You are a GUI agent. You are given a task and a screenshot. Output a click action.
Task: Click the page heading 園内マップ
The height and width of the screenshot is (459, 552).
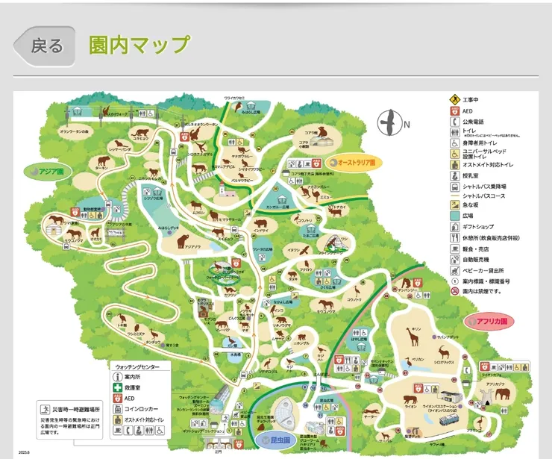click(x=139, y=44)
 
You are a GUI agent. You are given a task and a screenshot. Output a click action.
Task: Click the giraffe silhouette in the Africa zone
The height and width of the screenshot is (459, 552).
click(x=413, y=337)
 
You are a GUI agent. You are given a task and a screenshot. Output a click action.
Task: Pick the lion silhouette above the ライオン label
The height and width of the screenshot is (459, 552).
click(x=411, y=396)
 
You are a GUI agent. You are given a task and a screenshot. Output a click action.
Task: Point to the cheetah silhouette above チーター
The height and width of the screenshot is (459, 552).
click(x=371, y=414)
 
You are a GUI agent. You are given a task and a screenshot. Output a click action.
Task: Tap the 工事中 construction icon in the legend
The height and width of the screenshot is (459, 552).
click(x=454, y=99)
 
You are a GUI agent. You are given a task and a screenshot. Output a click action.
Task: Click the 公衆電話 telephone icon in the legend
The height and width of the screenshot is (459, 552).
click(x=454, y=122)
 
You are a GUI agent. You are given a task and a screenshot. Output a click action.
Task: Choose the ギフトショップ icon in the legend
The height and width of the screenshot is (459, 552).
click(x=454, y=226)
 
